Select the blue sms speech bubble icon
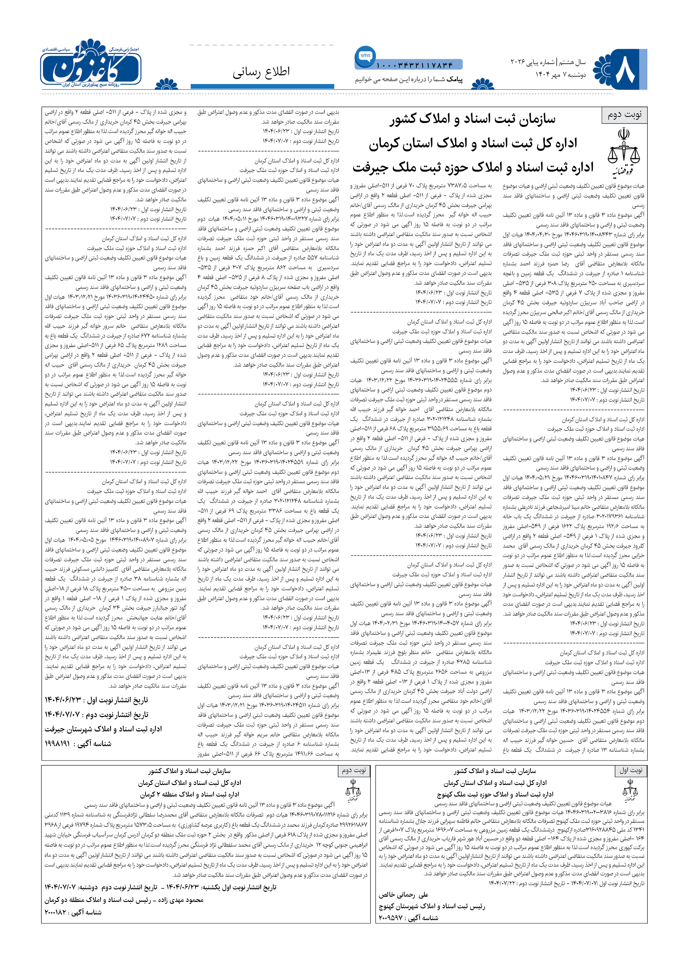coord(365,56)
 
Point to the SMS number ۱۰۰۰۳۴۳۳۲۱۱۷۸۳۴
coord(415,65)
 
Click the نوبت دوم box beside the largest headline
coord(625,115)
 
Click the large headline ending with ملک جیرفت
coord(473,168)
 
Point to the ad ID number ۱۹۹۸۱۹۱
coord(58,743)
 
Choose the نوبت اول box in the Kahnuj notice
coord(631,770)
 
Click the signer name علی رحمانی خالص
coord(403,895)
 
